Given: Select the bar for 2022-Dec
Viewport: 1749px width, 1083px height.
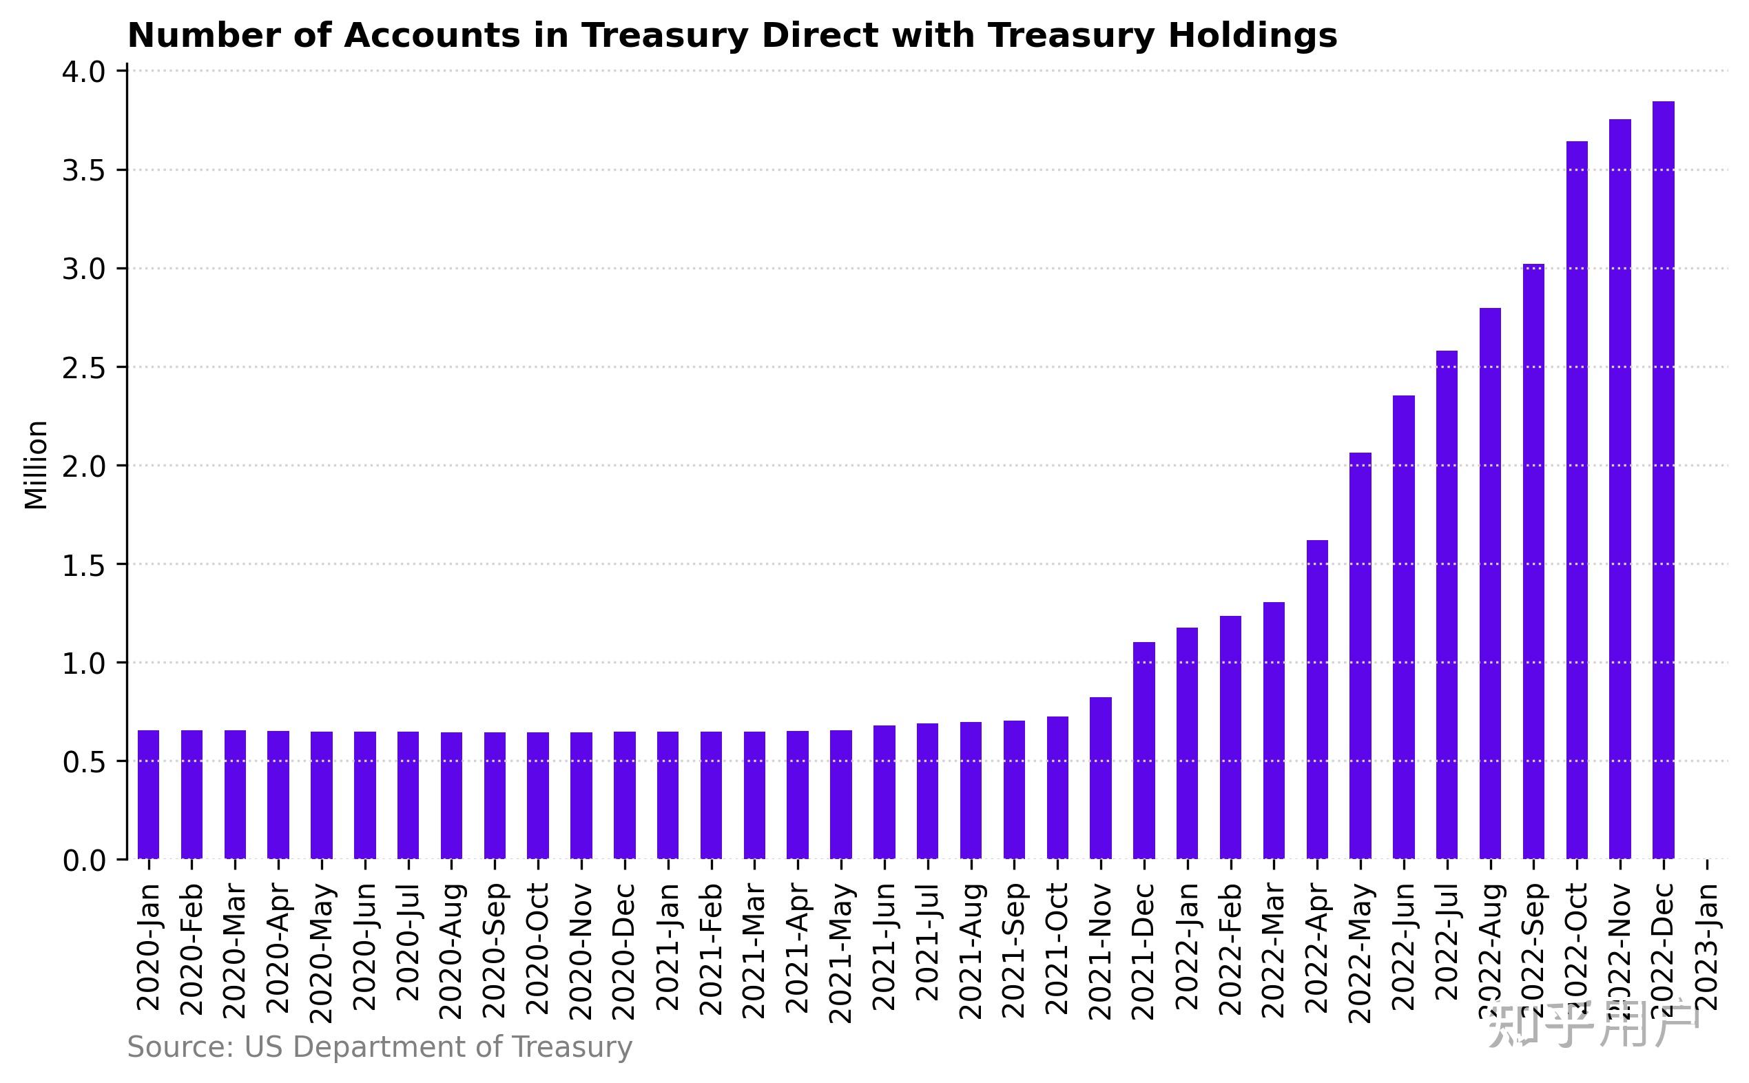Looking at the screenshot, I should point(1663,480).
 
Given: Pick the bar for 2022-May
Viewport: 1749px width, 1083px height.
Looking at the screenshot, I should point(1360,655).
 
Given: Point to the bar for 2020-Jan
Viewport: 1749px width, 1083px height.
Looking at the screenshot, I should point(148,794).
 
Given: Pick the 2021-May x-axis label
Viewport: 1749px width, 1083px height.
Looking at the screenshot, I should point(842,953).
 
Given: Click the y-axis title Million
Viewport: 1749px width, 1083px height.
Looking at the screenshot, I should point(36,466).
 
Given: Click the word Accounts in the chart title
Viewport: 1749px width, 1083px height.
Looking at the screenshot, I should point(432,36).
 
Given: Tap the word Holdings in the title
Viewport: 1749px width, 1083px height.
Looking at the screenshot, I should point(1252,36).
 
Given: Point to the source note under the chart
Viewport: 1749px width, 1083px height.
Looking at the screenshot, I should point(380,1047).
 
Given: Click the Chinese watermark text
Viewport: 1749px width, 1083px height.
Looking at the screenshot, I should point(1593,1026).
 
